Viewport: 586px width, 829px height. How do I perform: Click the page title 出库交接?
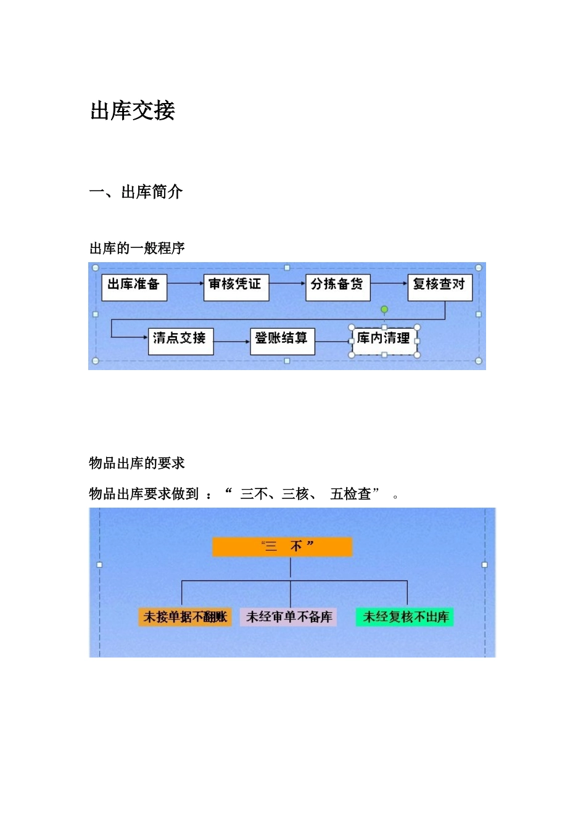[x=133, y=111]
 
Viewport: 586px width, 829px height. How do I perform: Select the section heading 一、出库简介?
[x=136, y=192]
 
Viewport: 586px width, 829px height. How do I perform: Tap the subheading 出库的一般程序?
[x=137, y=249]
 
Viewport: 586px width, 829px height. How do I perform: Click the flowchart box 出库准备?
[x=134, y=287]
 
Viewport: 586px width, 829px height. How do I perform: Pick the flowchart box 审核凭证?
[x=236, y=287]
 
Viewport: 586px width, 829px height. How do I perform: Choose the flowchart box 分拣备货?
[x=337, y=287]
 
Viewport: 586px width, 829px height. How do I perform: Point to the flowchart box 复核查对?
[x=440, y=287]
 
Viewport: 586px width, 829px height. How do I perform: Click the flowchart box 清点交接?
[x=181, y=340]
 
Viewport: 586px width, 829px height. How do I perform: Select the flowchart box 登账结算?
[x=282, y=340]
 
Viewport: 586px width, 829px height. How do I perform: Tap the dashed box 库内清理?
[x=384, y=341]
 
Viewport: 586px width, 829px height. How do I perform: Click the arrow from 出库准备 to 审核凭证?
[x=185, y=284]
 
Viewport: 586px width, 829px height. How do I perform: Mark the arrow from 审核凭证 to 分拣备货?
[x=287, y=284]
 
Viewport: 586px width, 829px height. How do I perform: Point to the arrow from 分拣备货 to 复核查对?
[x=389, y=284]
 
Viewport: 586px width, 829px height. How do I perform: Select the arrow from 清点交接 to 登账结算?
[x=232, y=341]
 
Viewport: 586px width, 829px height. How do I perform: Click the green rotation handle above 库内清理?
[x=384, y=309]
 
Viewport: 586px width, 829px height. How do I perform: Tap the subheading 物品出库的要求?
[x=137, y=463]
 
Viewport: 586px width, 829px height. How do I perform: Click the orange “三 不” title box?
[x=282, y=547]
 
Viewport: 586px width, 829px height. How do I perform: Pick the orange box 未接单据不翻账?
[x=185, y=617]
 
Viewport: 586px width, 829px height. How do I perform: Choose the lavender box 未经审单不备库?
[x=289, y=617]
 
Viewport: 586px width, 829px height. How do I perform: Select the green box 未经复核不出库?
[x=405, y=617]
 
